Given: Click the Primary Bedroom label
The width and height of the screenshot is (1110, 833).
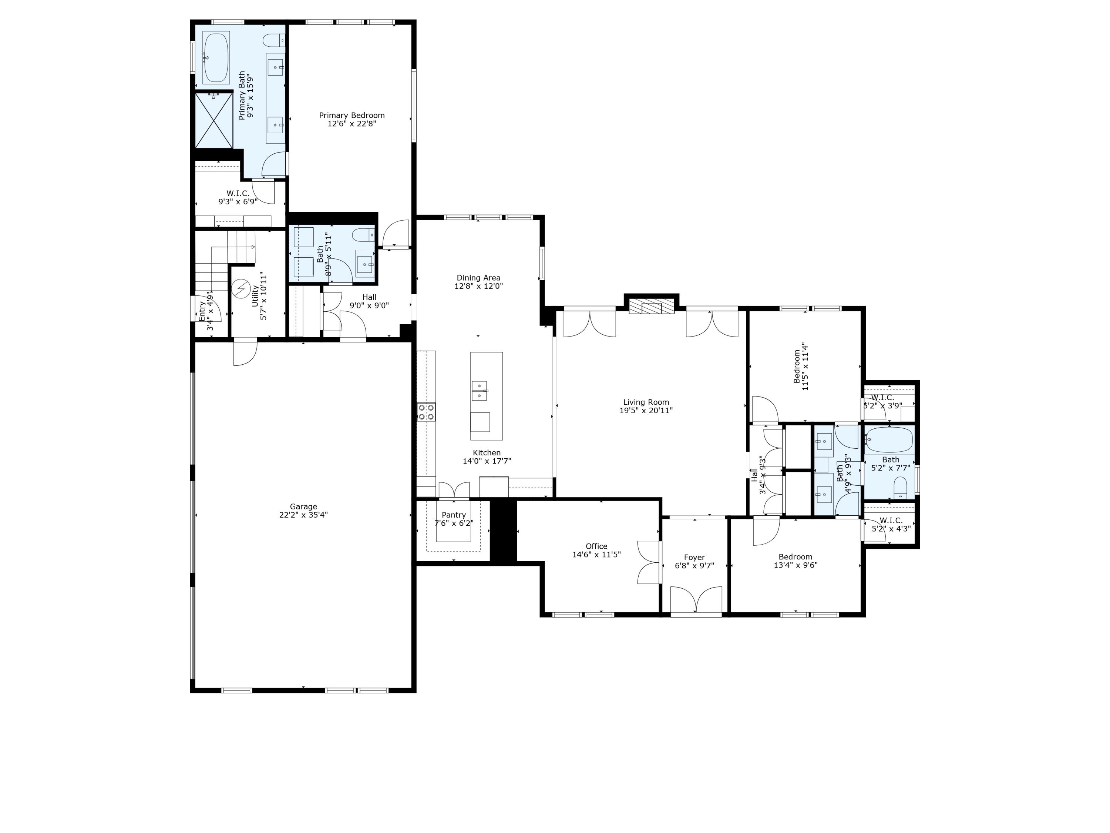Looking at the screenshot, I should point(352,116).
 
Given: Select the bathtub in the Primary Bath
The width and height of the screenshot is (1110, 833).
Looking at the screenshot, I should point(216,58).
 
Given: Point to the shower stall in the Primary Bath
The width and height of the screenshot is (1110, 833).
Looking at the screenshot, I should point(214,120).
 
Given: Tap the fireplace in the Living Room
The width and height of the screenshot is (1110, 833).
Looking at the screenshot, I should point(651,306).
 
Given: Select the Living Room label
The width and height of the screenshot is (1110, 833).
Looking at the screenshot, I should point(646,402).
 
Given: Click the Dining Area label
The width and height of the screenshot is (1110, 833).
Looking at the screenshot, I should point(478,278).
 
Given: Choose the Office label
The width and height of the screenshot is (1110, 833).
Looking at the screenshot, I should point(596,546).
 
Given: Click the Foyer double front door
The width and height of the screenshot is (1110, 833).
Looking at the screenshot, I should point(696,600).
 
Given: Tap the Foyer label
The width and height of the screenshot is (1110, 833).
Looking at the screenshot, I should point(694,557).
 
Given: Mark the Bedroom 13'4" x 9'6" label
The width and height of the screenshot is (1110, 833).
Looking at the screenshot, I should point(795,557).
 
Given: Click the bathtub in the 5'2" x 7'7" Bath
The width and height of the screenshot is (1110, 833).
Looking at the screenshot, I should point(889,440).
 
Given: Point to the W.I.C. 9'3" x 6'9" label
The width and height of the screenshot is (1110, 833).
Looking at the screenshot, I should point(238,193).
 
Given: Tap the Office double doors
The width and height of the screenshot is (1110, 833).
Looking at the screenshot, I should point(648,562).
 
